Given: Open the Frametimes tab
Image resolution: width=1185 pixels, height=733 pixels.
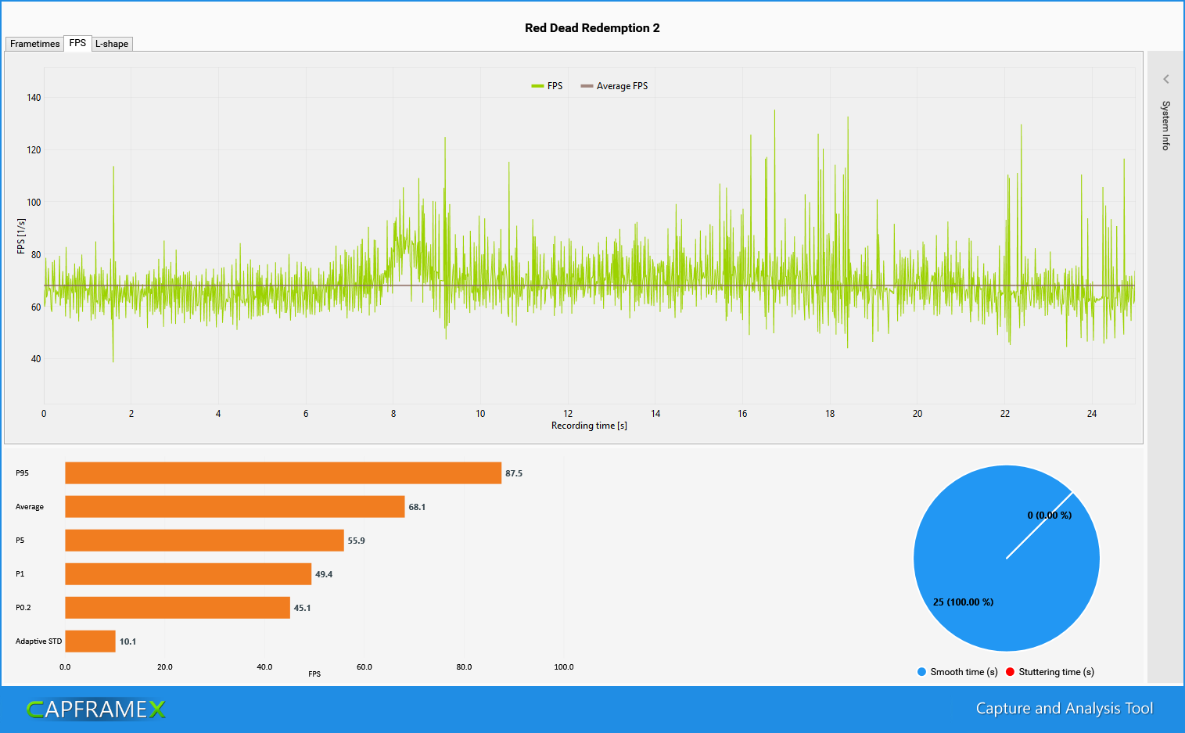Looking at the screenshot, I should [34, 44].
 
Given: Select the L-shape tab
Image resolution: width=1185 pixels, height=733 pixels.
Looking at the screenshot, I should [112, 44].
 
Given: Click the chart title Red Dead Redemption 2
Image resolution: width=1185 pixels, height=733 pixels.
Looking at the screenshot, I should [592, 28].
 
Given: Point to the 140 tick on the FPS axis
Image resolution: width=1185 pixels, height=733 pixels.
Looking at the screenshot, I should [34, 98].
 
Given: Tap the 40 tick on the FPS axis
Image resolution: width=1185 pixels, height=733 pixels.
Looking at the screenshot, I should [36, 359].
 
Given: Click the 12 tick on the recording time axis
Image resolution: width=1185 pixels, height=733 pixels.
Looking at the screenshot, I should [568, 414].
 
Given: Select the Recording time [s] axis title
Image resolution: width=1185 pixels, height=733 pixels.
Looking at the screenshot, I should [589, 426].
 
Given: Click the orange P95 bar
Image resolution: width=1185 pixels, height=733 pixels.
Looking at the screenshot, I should [282, 473].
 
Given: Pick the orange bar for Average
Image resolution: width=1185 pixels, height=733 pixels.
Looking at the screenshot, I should [235, 507].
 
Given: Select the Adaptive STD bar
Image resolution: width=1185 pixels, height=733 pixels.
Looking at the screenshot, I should [90, 641].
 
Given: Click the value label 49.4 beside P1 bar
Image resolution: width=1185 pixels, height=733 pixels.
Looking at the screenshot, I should [324, 574].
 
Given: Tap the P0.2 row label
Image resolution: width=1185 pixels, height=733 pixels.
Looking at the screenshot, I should [23, 608].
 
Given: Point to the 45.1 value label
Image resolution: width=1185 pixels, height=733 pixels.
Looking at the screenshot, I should [302, 608].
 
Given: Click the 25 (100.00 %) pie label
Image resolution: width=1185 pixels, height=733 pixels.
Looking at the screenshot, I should [963, 602].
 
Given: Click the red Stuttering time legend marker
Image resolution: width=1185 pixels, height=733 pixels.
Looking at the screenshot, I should [1010, 672].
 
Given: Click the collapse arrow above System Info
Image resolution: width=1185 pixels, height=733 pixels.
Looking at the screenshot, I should [1165, 79].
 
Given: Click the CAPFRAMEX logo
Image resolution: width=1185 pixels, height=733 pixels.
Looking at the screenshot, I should [95, 710].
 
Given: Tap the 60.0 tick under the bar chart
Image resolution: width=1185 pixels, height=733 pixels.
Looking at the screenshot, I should [364, 667].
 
